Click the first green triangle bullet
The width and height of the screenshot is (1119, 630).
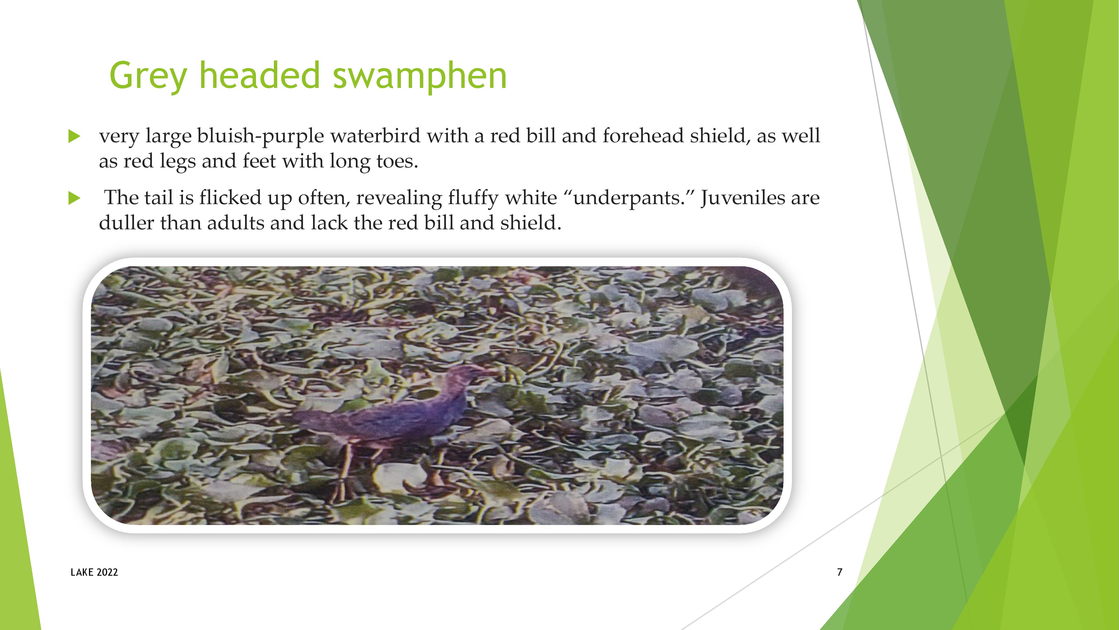tap(75, 137)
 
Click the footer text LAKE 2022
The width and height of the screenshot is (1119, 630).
tap(94, 572)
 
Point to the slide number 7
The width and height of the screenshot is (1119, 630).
tap(840, 572)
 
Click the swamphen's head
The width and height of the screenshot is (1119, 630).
tap(461, 376)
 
